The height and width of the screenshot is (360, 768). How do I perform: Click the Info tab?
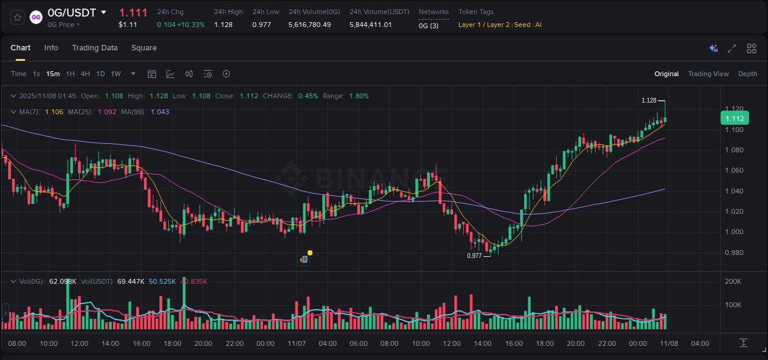click(51, 48)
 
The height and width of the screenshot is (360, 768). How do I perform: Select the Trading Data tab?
click(95, 48)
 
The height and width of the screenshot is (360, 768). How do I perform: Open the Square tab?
click(144, 48)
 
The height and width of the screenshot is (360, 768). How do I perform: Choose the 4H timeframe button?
click(85, 74)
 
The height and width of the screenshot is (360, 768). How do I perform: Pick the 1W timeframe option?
click(116, 74)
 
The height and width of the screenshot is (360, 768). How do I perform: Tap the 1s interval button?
click(36, 74)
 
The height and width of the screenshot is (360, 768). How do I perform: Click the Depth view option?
click(747, 74)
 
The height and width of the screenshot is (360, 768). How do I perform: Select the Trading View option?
click(708, 74)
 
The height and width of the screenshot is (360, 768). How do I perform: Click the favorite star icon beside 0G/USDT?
click(18, 17)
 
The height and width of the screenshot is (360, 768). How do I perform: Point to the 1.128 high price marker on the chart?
click(649, 100)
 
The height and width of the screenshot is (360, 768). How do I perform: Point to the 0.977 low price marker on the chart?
click(474, 256)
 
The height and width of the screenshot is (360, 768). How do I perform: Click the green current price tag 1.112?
click(734, 119)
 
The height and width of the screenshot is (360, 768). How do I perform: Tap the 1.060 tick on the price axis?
click(734, 170)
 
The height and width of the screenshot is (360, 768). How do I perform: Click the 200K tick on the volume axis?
click(733, 281)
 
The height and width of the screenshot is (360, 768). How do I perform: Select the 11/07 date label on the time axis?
click(296, 343)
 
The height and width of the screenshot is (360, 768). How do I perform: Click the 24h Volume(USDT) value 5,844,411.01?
click(370, 25)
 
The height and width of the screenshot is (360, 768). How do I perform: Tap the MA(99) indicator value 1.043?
click(160, 112)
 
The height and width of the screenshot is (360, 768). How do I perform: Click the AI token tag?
click(538, 25)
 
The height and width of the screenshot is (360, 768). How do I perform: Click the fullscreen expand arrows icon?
click(732, 49)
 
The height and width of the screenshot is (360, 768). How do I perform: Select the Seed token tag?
click(522, 25)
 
